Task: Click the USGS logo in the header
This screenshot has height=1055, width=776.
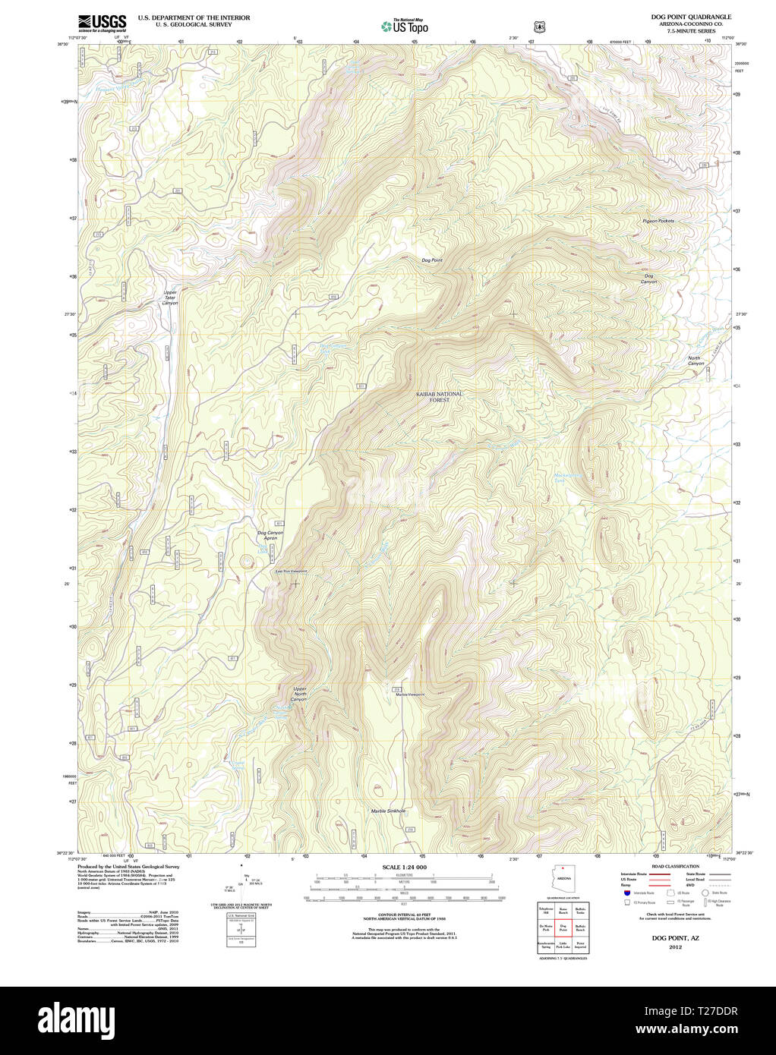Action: click(102, 22)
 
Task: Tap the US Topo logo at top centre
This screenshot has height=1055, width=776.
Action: click(405, 27)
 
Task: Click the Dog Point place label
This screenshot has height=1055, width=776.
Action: click(431, 260)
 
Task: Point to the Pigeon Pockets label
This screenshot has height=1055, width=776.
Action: click(658, 221)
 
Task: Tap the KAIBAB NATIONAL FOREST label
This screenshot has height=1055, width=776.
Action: click(439, 397)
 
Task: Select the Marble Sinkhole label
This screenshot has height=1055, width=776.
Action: click(388, 811)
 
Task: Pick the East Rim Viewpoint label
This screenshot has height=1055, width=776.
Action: click(291, 572)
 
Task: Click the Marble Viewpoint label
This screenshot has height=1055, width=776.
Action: click(410, 694)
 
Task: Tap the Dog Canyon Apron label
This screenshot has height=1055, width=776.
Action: click(270, 536)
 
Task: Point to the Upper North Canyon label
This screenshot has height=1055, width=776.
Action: click(300, 694)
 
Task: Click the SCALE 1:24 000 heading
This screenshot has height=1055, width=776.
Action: click(404, 867)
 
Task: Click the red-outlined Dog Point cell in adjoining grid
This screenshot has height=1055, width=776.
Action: click(563, 927)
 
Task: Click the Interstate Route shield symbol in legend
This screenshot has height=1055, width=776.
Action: click(627, 893)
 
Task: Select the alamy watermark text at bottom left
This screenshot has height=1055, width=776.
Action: click(81, 1020)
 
